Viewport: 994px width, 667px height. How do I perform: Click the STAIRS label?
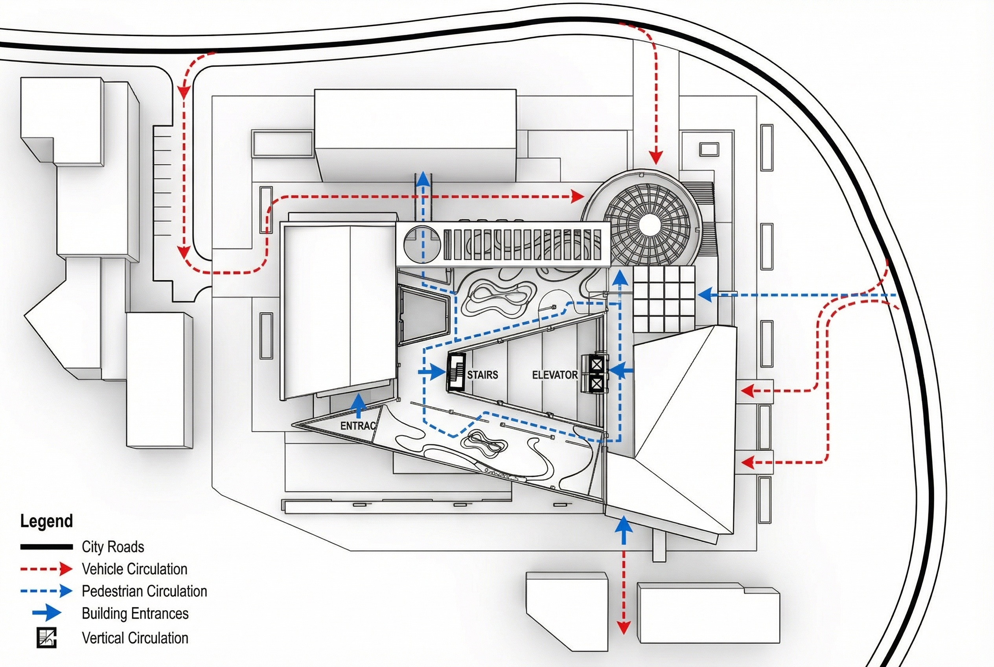pyautogui.click(x=482, y=375)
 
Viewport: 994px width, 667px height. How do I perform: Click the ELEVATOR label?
pyautogui.click(x=555, y=375)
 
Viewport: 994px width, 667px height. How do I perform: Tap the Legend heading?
pyautogui.click(x=46, y=521)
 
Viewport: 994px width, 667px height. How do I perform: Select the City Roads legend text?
pyautogui.click(x=113, y=547)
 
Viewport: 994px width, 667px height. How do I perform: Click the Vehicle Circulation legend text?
pyautogui.click(x=134, y=569)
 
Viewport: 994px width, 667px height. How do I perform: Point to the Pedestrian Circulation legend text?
pyautogui.click(x=144, y=591)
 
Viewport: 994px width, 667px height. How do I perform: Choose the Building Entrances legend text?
pyautogui.click(x=135, y=614)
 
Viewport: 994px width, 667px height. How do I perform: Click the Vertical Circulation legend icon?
pyautogui.click(x=46, y=637)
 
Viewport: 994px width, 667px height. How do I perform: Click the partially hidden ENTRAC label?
pyautogui.click(x=358, y=426)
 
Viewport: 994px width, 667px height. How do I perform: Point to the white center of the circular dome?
pyautogui.click(x=649, y=223)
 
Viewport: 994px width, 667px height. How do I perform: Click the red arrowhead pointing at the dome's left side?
pyautogui.click(x=578, y=197)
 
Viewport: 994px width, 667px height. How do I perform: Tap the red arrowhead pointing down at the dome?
pyautogui.click(x=656, y=157)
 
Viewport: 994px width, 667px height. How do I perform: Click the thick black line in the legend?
pyautogui.click(x=46, y=547)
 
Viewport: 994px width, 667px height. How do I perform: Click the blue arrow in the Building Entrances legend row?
pyautogui.click(x=47, y=614)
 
